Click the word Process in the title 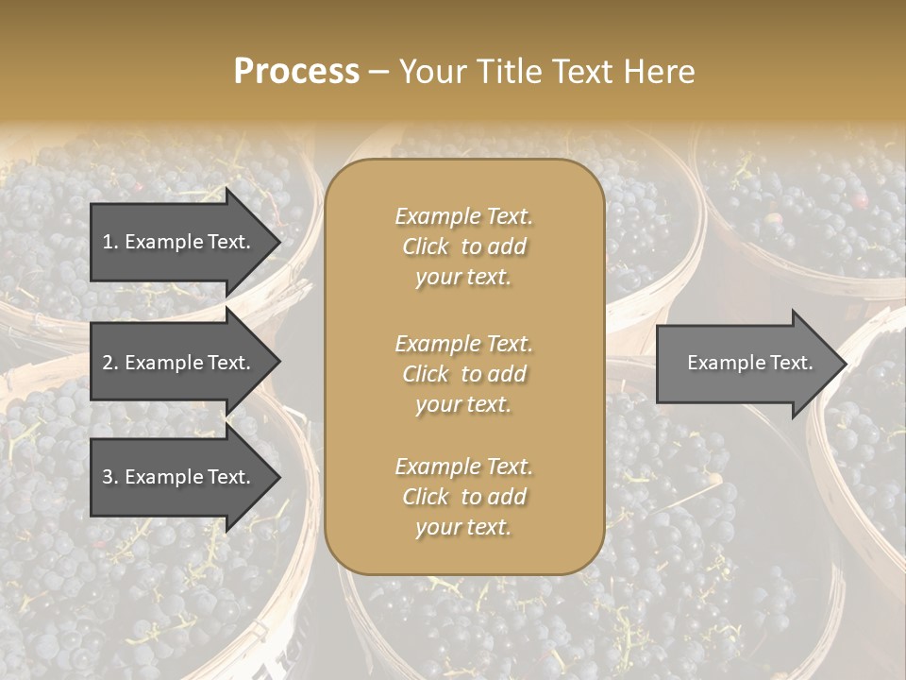pyautogui.click(x=296, y=72)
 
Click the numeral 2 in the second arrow pyautogui.click(x=109, y=363)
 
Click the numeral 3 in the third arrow pyautogui.click(x=109, y=477)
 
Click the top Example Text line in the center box pyautogui.click(x=463, y=216)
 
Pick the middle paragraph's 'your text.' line pyautogui.click(x=463, y=404)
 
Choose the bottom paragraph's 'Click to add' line pyautogui.click(x=463, y=497)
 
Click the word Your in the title pyautogui.click(x=430, y=72)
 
